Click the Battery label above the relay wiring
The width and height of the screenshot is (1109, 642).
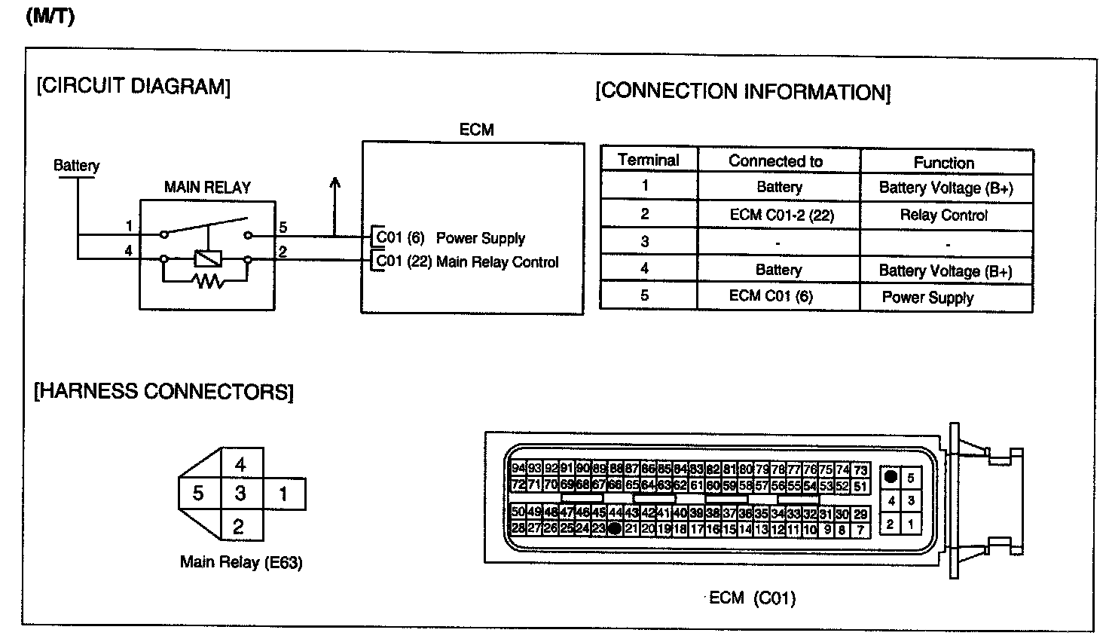[76, 165]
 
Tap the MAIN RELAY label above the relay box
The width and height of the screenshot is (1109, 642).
[207, 187]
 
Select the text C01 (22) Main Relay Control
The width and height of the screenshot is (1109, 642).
[467, 262]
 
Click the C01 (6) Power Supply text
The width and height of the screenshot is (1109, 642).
[451, 238]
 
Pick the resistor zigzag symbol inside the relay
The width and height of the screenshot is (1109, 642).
[206, 282]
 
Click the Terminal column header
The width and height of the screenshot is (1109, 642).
[648, 160]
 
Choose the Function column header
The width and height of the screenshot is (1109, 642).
[943, 163]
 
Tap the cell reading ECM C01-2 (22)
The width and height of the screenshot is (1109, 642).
[781, 215]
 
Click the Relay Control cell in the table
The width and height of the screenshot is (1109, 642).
[943, 215]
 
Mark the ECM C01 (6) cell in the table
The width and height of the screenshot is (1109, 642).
[771, 295]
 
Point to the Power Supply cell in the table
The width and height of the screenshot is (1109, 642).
[927, 297]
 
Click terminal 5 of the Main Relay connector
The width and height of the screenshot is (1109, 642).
[198, 494]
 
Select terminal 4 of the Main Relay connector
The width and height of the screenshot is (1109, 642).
[240, 464]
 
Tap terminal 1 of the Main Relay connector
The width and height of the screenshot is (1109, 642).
[283, 494]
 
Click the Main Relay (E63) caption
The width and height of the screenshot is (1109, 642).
[241, 562]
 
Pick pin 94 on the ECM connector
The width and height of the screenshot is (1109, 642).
[518, 468]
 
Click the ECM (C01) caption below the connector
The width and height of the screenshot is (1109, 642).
[753, 598]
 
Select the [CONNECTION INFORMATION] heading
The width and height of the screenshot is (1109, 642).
[742, 92]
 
